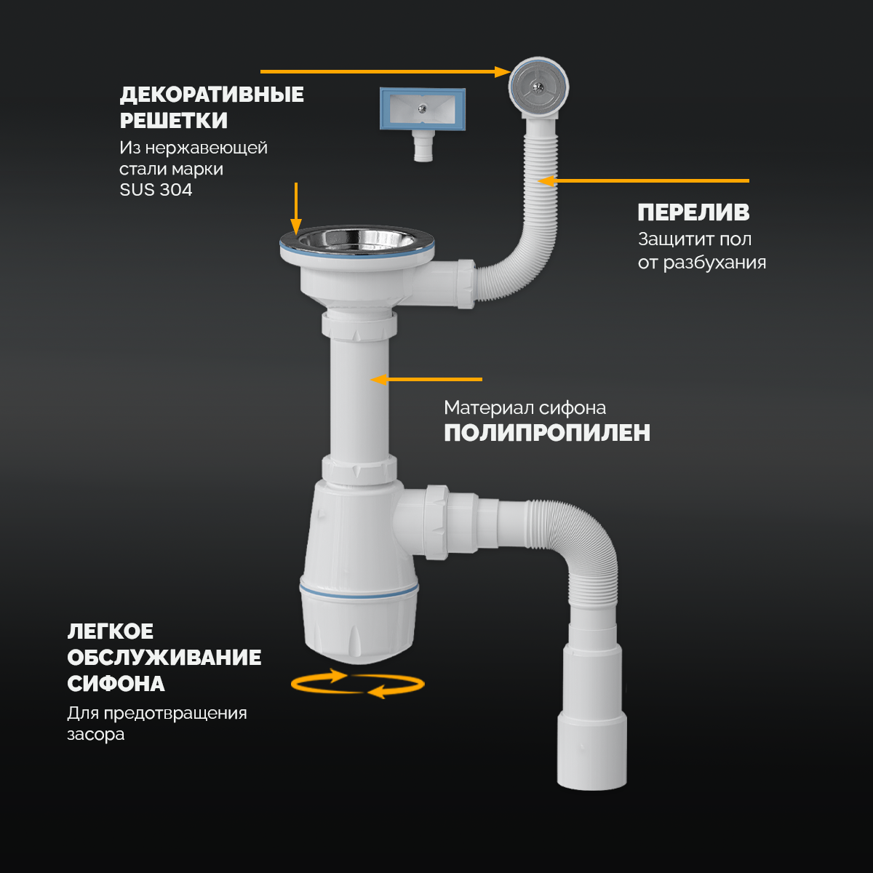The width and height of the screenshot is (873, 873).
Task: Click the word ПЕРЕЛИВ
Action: tap(693, 212)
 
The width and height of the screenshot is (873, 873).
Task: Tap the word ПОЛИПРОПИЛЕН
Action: tap(547, 433)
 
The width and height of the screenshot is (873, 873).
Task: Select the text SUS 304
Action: tap(156, 190)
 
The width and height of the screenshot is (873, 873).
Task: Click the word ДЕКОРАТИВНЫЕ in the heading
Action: tap(212, 95)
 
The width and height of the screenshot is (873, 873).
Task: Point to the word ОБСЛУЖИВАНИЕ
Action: tap(164, 658)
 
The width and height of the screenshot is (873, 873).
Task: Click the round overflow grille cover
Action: tap(538, 87)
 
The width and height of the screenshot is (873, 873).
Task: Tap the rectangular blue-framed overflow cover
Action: tap(422, 108)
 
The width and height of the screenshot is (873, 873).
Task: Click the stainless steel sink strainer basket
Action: tap(357, 241)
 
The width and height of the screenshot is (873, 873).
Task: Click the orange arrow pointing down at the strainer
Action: tap(296, 208)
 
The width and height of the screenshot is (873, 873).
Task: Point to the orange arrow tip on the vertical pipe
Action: tap(372, 379)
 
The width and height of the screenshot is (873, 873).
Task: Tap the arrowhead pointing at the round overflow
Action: tap(502, 71)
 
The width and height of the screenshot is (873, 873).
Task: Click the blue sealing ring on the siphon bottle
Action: tap(359, 591)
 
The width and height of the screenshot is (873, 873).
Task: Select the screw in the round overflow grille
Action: tap(538, 87)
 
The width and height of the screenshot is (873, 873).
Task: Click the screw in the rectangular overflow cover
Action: tap(422, 108)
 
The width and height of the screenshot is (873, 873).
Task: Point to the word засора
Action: tap(95, 734)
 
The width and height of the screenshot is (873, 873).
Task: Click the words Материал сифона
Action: tap(525, 407)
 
